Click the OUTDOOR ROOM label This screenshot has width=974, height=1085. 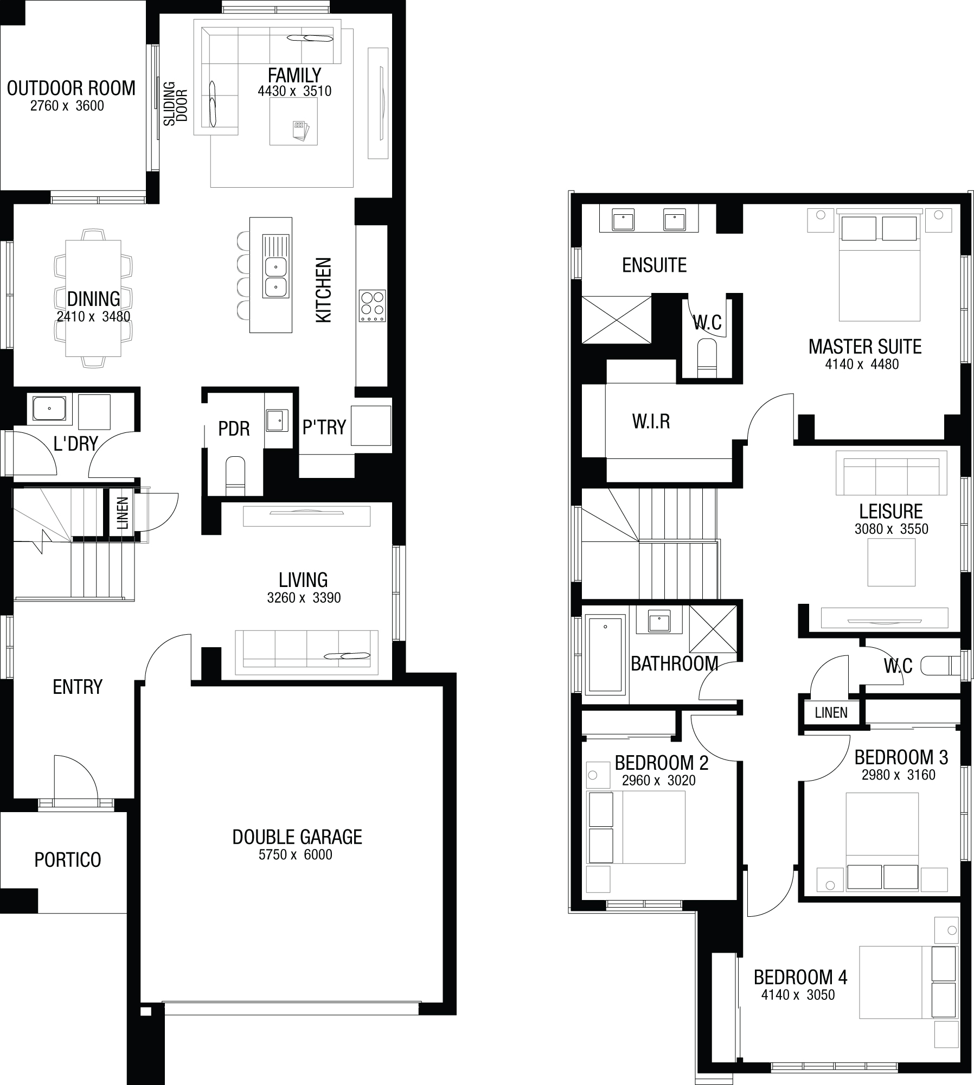point(71,88)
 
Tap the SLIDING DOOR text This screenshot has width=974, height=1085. point(176,104)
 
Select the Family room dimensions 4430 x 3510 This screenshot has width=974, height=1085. point(294,91)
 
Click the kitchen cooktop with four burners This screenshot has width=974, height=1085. point(372,306)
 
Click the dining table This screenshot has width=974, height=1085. point(93,298)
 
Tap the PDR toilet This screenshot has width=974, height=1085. point(235,475)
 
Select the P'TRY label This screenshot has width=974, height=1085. point(324,427)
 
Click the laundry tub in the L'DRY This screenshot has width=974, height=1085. point(49,408)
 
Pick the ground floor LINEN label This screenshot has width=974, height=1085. point(123,513)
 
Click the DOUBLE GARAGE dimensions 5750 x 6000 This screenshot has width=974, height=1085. point(295,856)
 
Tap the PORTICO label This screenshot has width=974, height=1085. point(68,860)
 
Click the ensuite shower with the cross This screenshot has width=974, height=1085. point(617,320)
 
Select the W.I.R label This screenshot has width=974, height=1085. point(651,422)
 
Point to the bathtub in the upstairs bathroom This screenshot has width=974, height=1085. point(605,654)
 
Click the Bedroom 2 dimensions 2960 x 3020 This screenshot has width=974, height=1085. point(658,781)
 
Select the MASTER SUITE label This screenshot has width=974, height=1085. point(865,347)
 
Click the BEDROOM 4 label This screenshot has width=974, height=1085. point(800,978)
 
